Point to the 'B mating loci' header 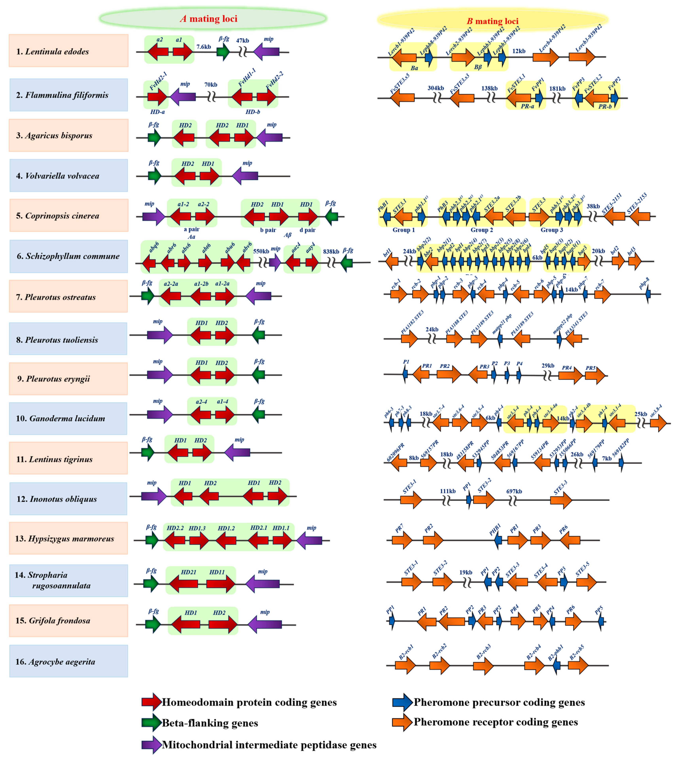[x=492, y=21]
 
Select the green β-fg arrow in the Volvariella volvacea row [x=154, y=176]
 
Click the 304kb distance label [x=436, y=88]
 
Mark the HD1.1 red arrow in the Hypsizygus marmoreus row [x=282, y=540]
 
